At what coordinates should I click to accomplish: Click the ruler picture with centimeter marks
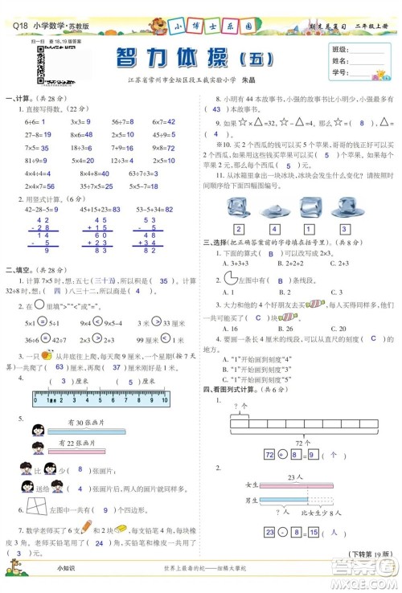(100, 397)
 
